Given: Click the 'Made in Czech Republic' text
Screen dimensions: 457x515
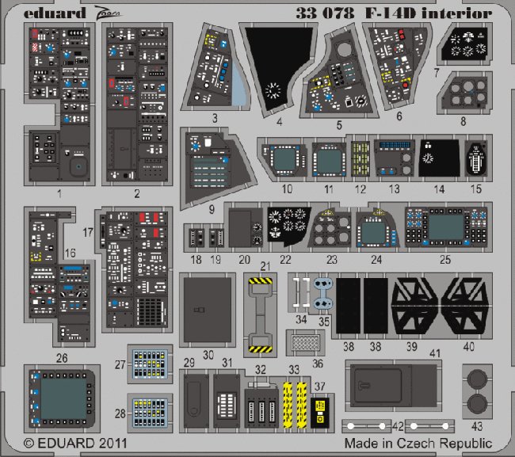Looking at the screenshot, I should click(x=418, y=443).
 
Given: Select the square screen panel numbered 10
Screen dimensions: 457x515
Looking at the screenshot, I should click(x=280, y=162).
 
